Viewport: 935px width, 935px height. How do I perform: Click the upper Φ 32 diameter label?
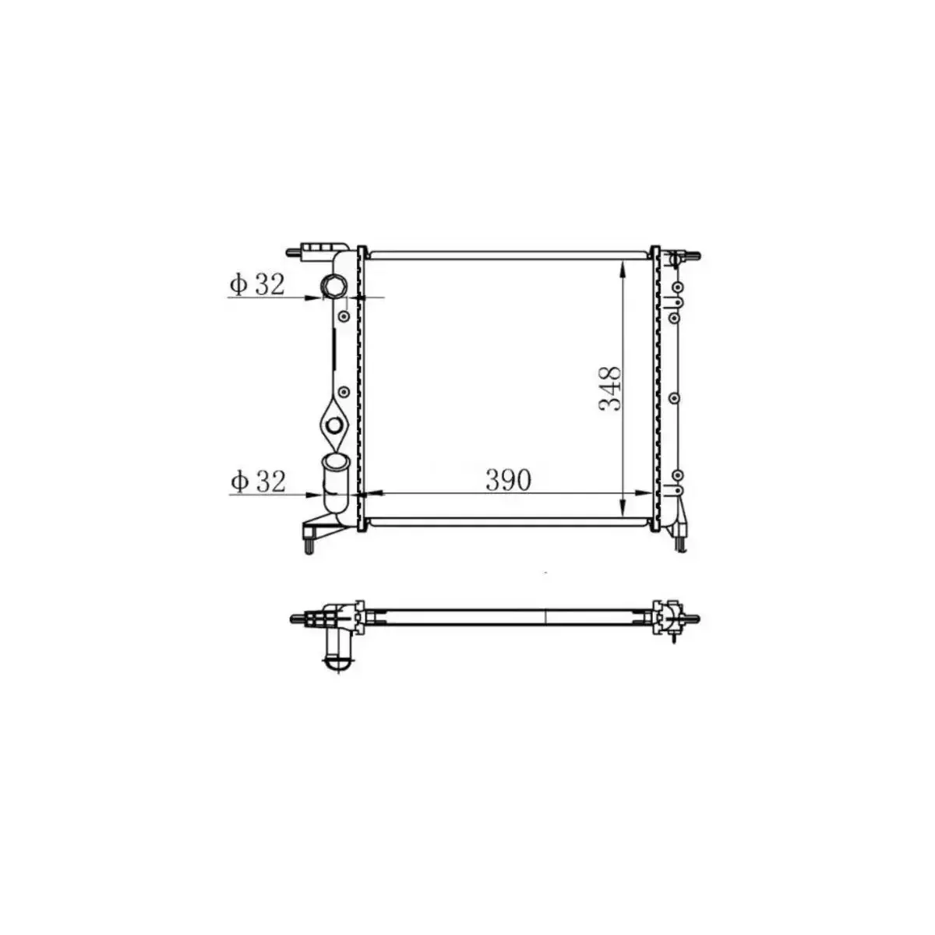(256, 285)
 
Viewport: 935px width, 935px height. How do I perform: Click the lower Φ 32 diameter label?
(256, 482)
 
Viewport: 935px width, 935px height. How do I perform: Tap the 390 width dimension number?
(508, 480)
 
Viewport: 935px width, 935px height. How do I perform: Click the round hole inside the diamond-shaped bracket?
(333, 425)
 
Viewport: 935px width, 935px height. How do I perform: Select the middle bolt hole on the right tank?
(675, 397)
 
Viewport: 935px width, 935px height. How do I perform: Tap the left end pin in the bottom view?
(296, 619)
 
